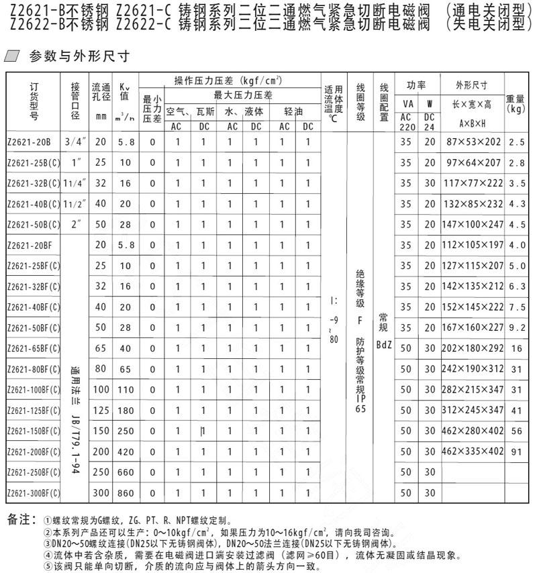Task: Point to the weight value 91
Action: point(516,452)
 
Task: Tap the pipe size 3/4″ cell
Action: point(75,143)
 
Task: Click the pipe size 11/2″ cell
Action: point(75,205)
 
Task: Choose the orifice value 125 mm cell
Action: point(101,411)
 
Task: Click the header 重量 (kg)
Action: point(516,103)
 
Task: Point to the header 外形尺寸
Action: point(471,85)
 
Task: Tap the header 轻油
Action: point(293,111)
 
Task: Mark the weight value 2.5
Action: point(516,143)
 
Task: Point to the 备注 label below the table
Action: point(19,520)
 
